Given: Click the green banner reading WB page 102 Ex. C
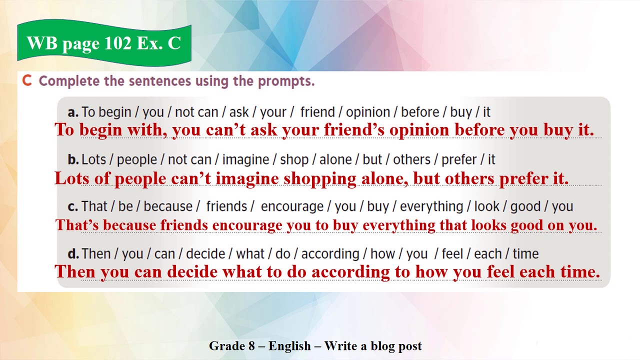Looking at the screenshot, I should (104, 43).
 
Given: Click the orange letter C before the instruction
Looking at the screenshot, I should (27, 81).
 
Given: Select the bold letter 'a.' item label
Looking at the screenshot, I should (73, 112).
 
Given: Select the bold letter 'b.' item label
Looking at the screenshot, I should (73, 159).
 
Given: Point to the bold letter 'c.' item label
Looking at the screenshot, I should (73, 206).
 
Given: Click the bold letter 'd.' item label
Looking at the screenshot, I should (73, 254).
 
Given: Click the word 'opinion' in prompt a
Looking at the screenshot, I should (367, 112).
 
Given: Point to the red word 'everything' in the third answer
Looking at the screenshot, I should (399, 225).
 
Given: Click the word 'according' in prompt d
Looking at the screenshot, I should (330, 254).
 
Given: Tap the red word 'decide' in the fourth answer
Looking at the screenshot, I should (193, 272).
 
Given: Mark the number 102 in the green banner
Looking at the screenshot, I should (117, 43).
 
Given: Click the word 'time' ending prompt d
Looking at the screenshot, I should (525, 254).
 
